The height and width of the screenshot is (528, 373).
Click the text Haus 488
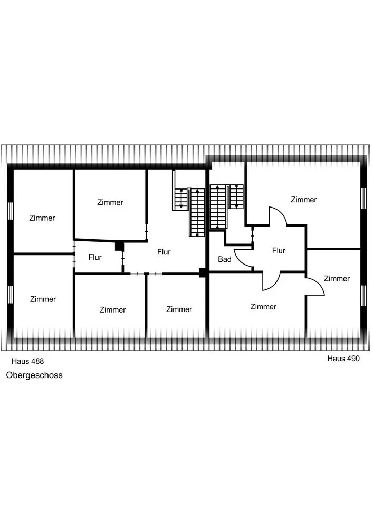27,361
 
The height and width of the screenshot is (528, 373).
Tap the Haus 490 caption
343,358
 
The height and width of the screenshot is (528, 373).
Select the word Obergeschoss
34,375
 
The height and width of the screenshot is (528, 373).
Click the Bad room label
225,260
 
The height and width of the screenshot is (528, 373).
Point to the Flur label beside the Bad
279,251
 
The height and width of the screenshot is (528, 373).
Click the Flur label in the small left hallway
95,258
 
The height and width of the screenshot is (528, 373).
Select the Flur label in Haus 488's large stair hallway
164,252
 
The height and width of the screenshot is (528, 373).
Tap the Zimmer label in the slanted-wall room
110,202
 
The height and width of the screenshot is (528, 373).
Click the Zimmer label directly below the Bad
263,307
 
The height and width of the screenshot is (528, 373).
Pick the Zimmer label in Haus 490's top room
304,200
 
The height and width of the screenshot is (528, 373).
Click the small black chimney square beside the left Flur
119,246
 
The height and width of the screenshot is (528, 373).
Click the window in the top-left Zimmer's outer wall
10,210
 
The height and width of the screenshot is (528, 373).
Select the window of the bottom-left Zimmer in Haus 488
10,295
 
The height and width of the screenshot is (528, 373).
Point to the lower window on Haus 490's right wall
364,296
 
